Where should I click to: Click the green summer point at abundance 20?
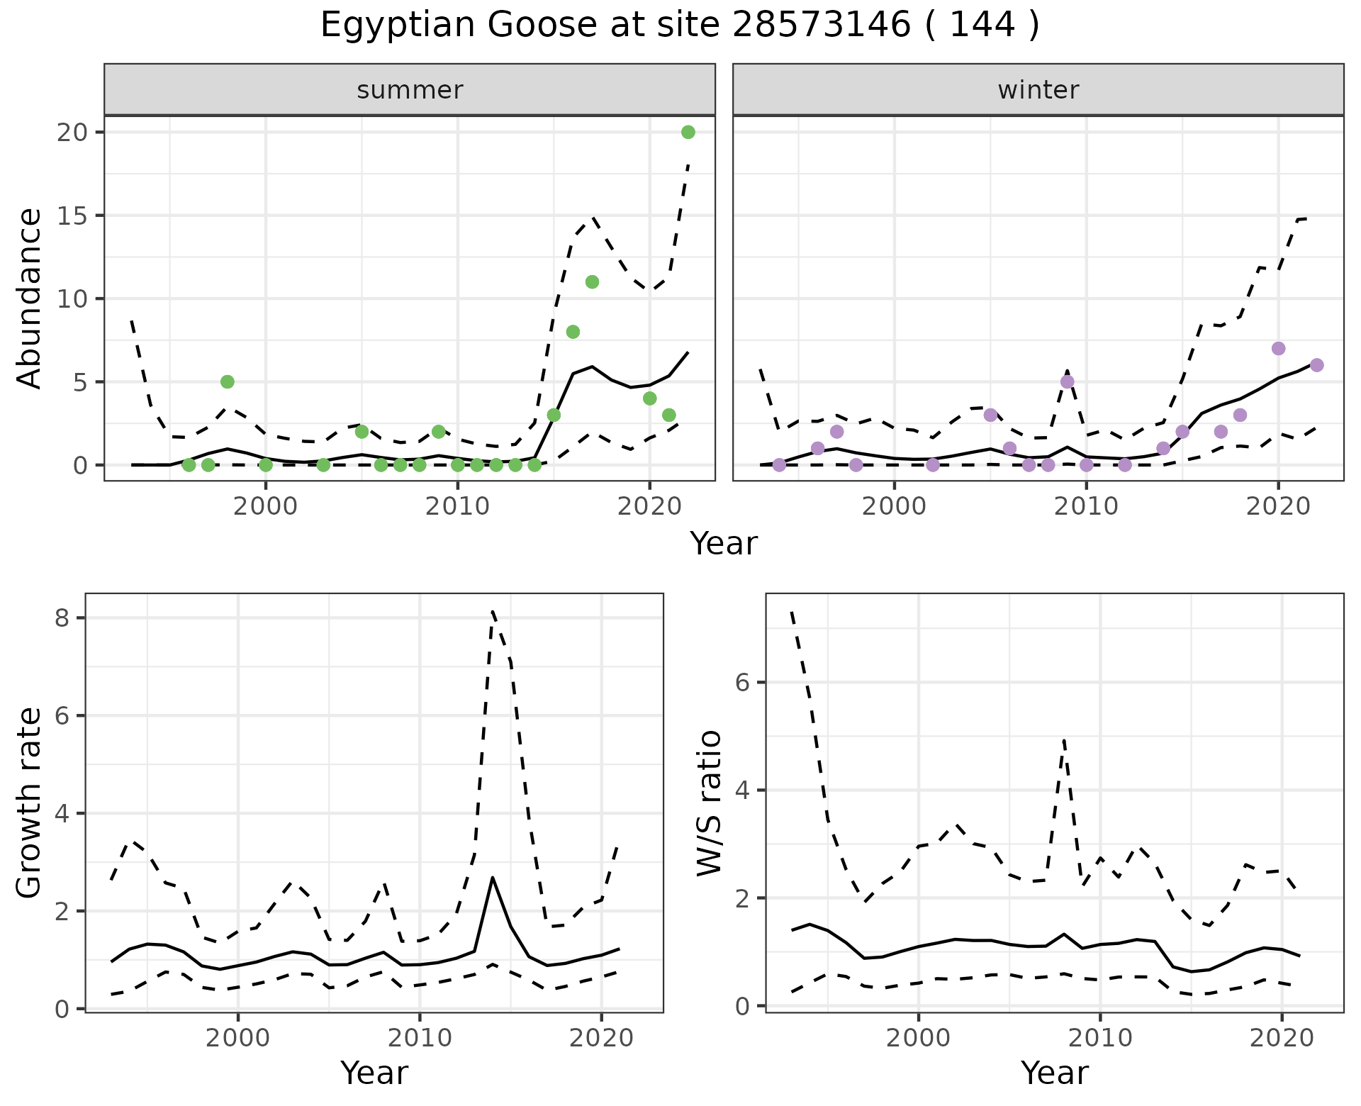pyautogui.click(x=688, y=132)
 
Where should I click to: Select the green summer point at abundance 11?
pyautogui.click(x=592, y=281)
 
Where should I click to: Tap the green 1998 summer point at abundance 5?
pyautogui.click(x=227, y=381)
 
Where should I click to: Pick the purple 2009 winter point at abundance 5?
pyautogui.click(x=1067, y=381)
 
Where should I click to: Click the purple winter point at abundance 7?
pyautogui.click(x=1278, y=348)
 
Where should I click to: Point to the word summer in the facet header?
pyautogui.click(x=410, y=90)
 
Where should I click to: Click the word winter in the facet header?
pyautogui.click(x=1038, y=90)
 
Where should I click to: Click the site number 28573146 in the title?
pyautogui.click(x=821, y=26)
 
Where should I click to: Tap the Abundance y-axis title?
pyautogui.click(x=30, y=298)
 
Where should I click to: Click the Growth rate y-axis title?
pyautogui.click(x=30, y=803)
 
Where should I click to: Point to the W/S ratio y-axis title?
pyautogui.click(x=710, y=803)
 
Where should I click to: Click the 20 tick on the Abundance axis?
pyautogui.click(x=69, y=133)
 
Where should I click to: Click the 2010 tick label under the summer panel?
pyautogui.click(x=457, y=507)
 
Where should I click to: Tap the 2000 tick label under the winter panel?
pyautogui.click(x=894, y=507)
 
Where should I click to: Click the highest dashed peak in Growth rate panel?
pyautogui.click(x=492, y=610)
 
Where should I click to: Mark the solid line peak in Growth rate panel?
pyautogui.click(x=492, y=878)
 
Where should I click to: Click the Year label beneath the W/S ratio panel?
pyautogui.click(x=1054, y=1073)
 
